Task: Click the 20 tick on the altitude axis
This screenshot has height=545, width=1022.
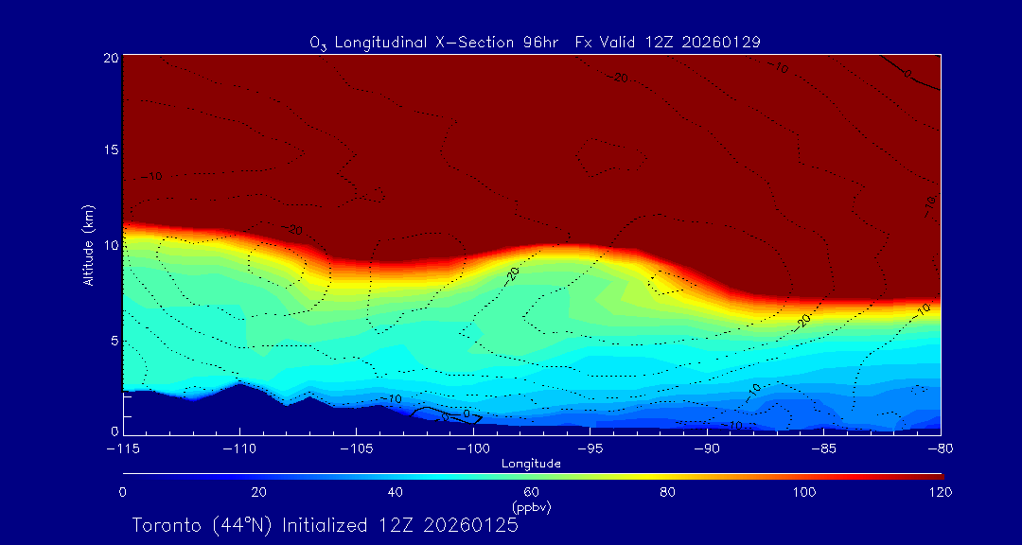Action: [110, 58]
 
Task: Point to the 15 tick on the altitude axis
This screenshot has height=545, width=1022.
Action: [110, 151]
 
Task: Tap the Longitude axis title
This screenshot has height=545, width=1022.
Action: [532, 464]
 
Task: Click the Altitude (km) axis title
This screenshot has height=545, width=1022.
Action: [88, 245]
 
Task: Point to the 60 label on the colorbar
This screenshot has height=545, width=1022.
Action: [532, 492]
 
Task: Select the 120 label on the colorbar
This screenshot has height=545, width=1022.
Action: [940, 492]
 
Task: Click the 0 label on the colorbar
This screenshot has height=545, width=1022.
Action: [123, 492]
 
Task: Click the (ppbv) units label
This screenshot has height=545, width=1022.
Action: [532, 507]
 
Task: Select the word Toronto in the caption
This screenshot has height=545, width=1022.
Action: [167, 525]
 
